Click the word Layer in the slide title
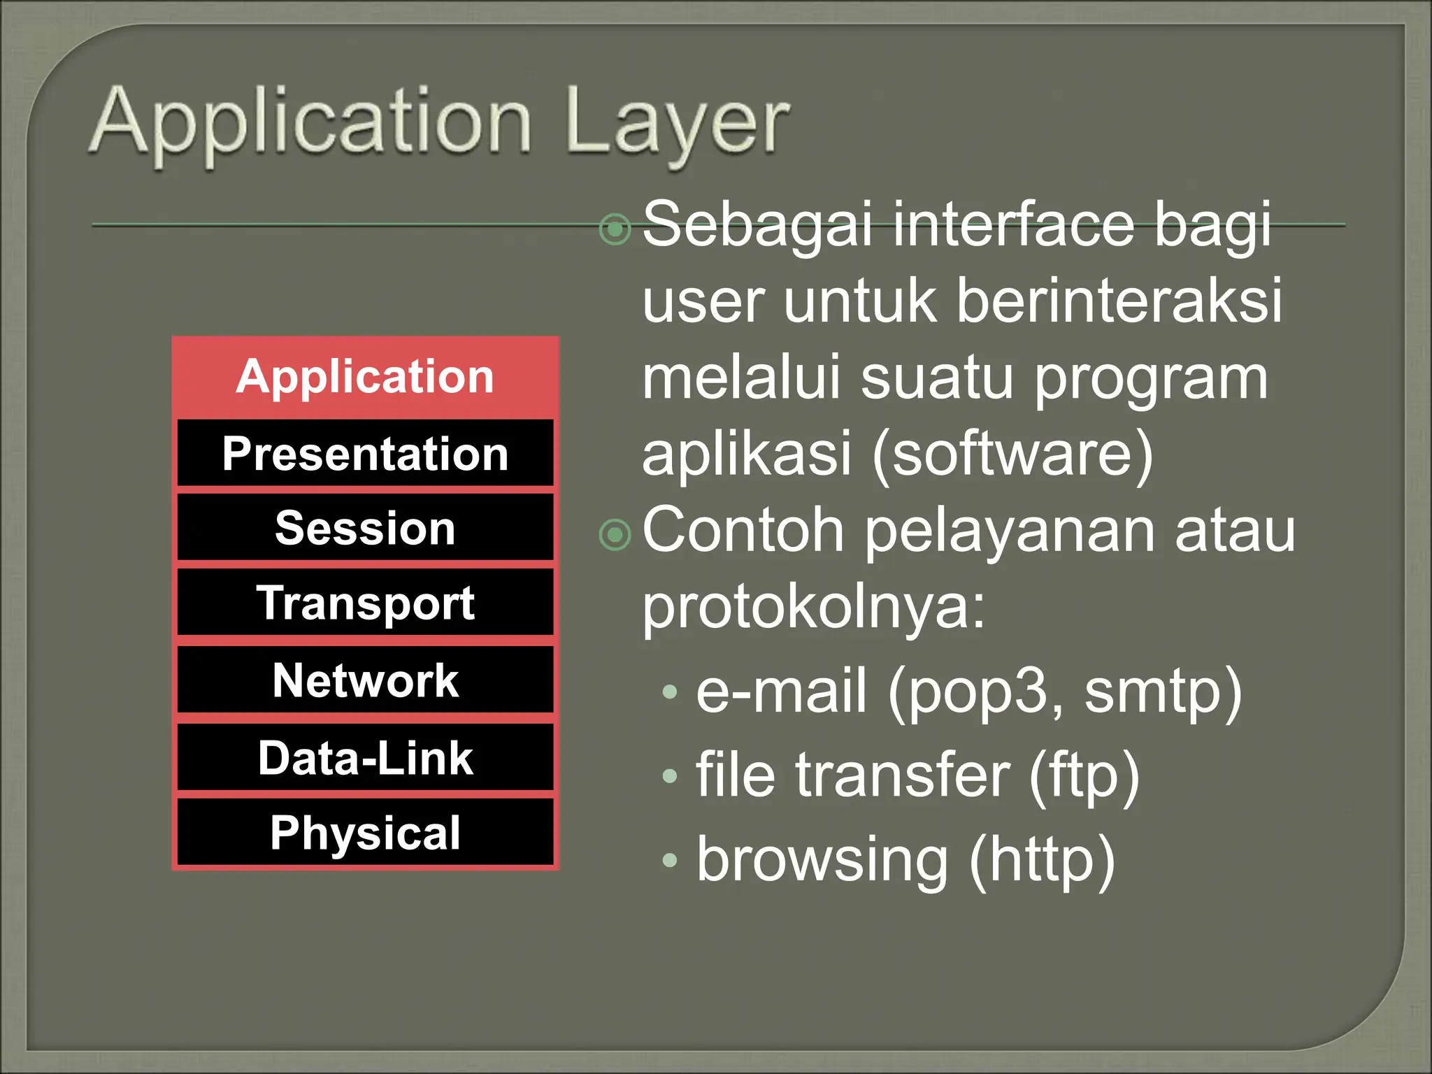677,124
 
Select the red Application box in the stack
365,377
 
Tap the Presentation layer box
365,454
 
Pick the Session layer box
365,528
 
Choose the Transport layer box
365,603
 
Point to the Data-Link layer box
365,758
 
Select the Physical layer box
365,833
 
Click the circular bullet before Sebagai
615,229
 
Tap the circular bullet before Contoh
615,535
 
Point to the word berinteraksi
1119,301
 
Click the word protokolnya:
813,607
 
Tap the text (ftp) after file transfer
1084,776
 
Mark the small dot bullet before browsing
670,860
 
